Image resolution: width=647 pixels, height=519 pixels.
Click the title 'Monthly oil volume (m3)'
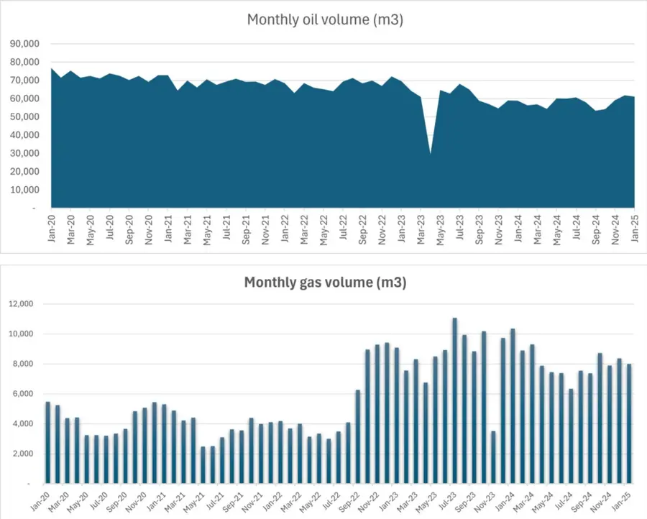[x=325, y=19]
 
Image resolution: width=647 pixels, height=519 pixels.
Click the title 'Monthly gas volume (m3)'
[x=325, y=283]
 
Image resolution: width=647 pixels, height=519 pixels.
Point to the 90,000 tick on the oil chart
[x=26, y=43]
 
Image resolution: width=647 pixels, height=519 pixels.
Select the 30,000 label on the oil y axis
[x=26, y=153]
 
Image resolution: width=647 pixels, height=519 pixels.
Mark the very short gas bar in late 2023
[x=493, y=456]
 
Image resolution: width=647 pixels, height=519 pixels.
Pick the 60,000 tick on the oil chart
[x=26, y=98]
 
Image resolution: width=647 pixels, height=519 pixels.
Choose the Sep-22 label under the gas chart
[x=354, y=500]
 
